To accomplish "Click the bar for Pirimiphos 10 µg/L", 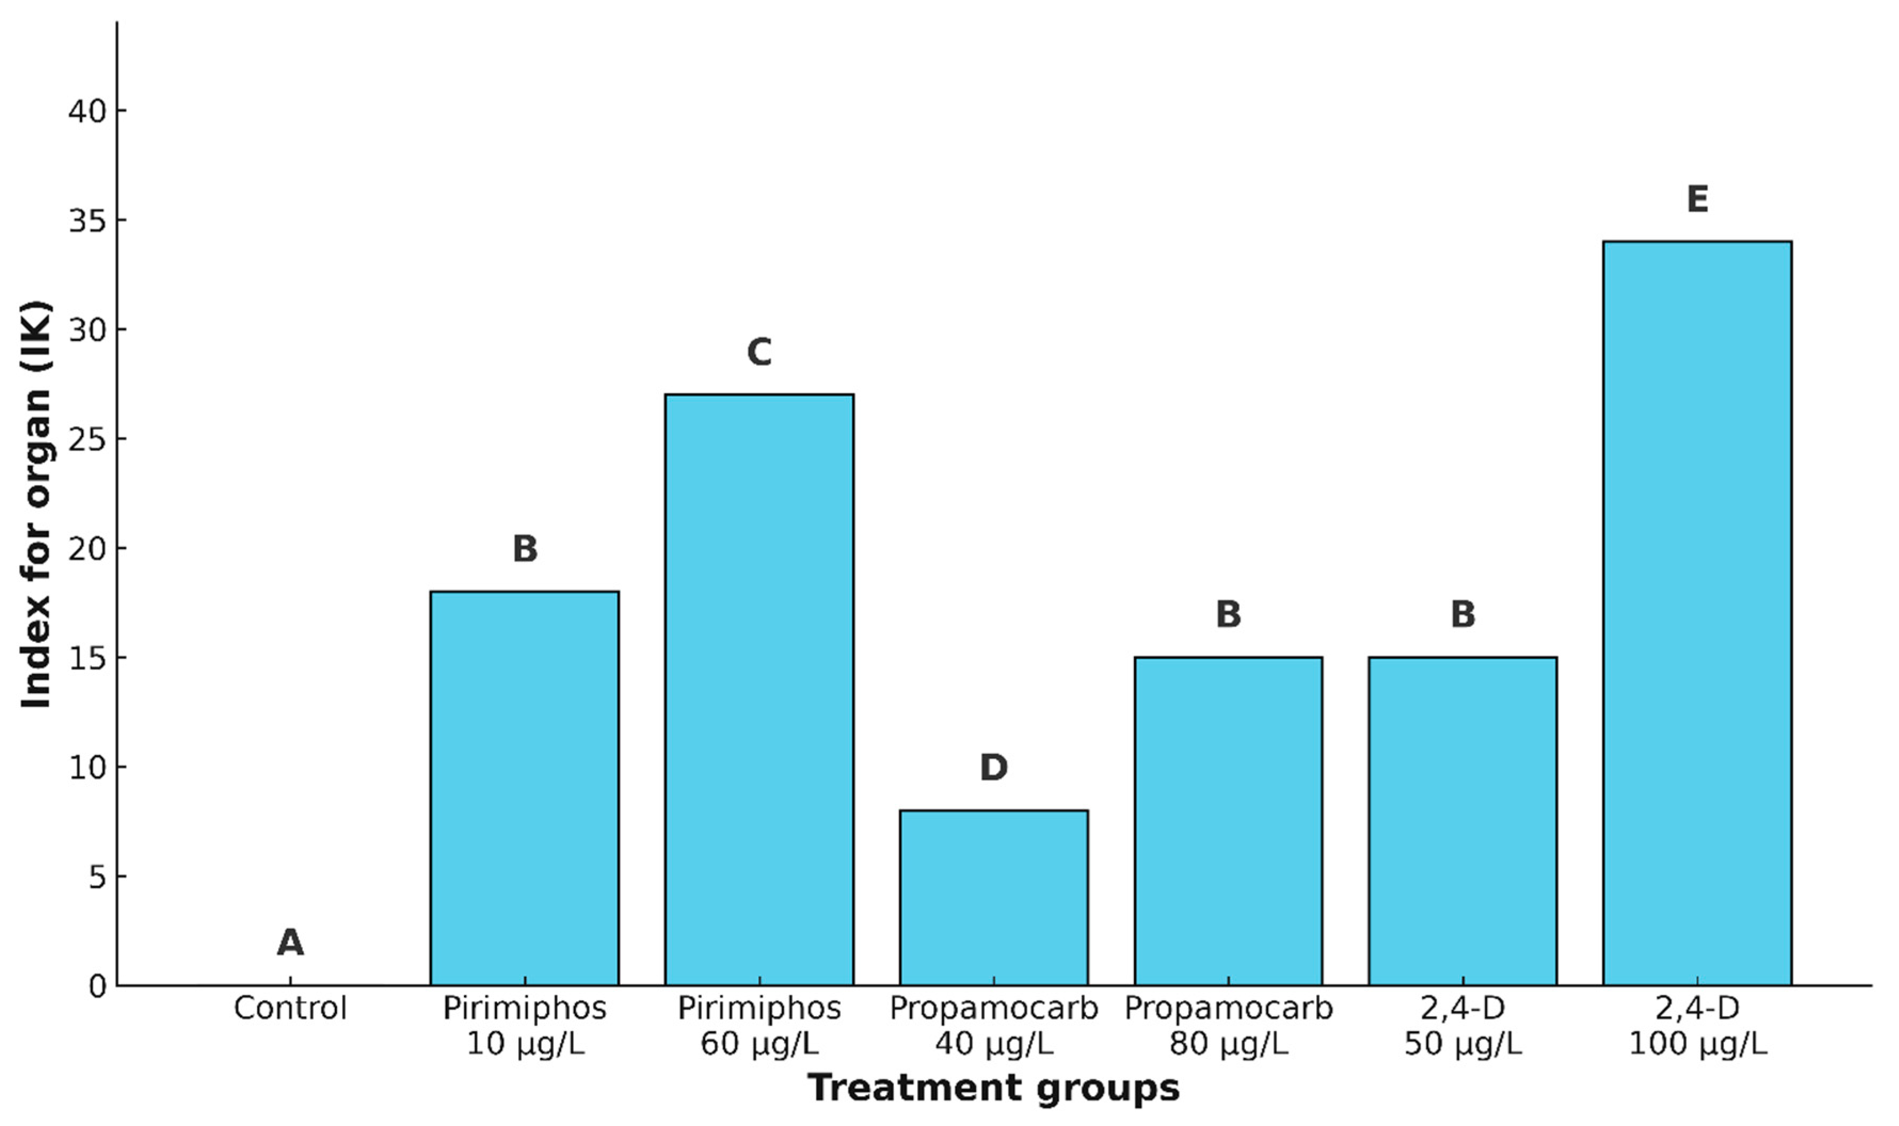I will point(524,789).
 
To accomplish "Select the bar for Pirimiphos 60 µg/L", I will point(759,690).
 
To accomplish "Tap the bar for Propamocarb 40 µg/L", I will point(993,898).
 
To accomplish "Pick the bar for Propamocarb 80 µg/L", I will point(1228,822).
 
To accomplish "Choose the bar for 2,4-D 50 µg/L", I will point(1463,822).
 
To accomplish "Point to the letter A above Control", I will point(290,943).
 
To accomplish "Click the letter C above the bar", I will point(759,352).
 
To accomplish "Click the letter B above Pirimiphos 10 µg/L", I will point(524,549).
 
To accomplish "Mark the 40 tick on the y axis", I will point(88,111).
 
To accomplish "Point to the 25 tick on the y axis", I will point(88,439).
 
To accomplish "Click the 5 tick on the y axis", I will point(97,877).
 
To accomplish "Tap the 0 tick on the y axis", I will point(97,986).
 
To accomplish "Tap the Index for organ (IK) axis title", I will point(36,504).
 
